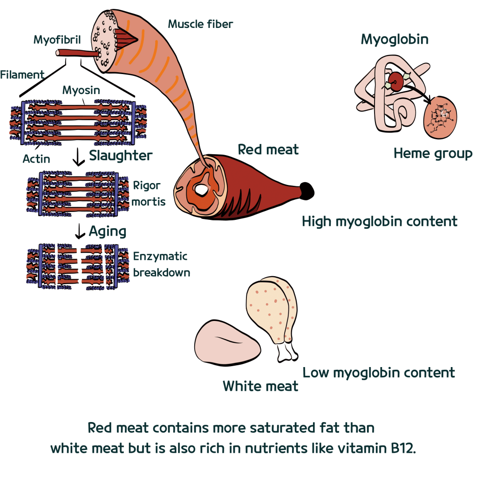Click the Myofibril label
pos(57,40)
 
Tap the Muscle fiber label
pos(200,23)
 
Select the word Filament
pos(22,75)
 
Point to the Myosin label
pos(81,90)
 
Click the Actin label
pos(36,159)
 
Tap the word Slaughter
pos(121,156)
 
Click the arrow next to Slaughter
pos(79,159)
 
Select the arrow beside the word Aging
pos(81,231)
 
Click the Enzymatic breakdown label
pos(161,264)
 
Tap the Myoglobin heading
pos(395,40)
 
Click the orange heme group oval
pos(440,117)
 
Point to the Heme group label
pos(433,153)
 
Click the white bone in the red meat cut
pos(202,190)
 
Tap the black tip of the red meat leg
pos(307,190)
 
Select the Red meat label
pos(268,150)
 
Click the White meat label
pos(260,386)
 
